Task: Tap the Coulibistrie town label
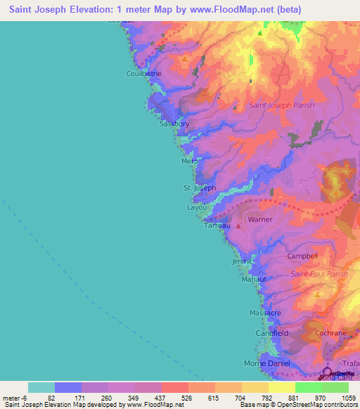(144, 73)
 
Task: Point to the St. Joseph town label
(200, 188)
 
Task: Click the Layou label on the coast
(197, 208)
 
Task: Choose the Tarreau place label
(217, 226)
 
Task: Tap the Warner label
(260, 219)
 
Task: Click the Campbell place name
(303, 256)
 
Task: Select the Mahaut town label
(255, 279)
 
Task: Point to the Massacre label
(265, 311)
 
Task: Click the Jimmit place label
(242, 261)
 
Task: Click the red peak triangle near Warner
(239, 226)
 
